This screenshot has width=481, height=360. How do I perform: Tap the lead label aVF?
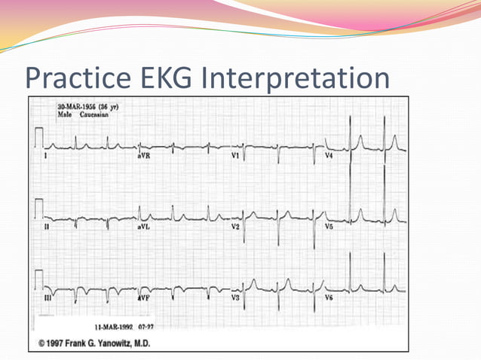coord(145,297)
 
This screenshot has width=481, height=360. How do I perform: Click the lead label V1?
coord(236,155)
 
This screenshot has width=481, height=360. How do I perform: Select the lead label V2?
coord(236,226)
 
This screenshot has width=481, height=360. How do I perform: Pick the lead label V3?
coord(236,297)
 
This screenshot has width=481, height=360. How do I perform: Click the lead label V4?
coord(329,155)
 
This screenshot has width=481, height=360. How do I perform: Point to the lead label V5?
coord(329,226)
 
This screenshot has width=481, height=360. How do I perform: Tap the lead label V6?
coord(329,297)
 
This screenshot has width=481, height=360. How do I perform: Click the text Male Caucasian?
coord(83,115)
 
